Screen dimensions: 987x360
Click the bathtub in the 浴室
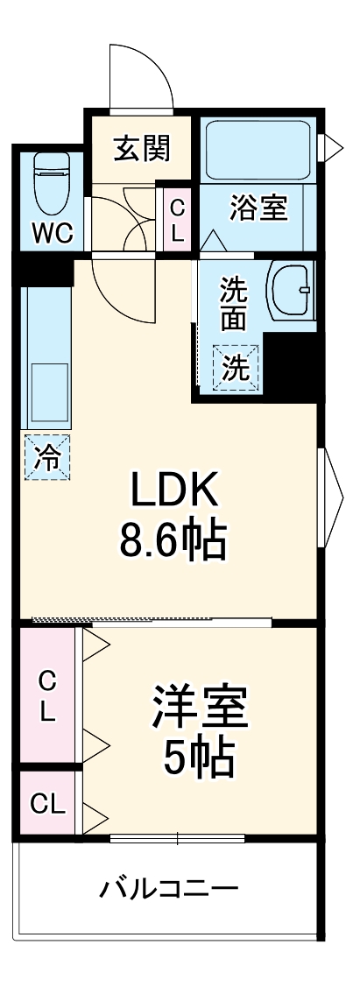click(258, 150)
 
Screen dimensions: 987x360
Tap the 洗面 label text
click(233, 303)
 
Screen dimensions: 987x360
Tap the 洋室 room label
click(200, 709)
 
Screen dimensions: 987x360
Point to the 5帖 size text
click(199, 759)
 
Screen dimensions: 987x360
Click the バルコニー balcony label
click(168, 891)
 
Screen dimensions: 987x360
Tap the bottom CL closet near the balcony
click(47, 804)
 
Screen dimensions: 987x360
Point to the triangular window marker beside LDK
click(332, 497)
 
